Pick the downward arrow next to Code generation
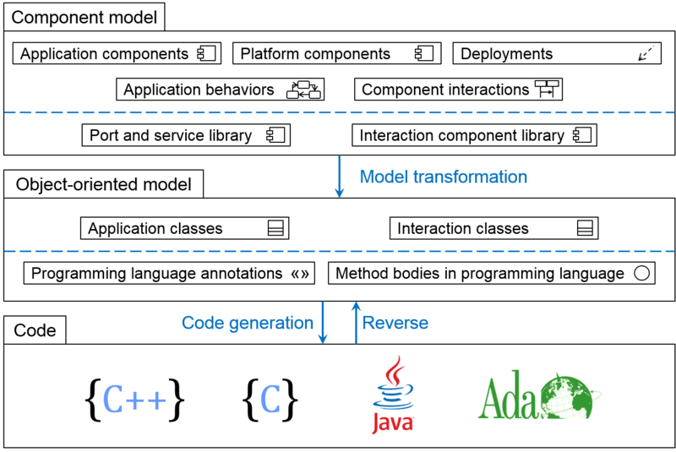click(x=322, y=323)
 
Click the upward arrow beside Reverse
click(x=356, y=323)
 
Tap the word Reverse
click(x=395, y=323)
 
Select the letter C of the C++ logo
click(x=112, y=400)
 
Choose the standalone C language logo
click(x=270, y=399)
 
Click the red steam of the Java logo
click(x=394, y=368)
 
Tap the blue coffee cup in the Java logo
click(x=393, y=395)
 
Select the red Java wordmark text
click(x=393, y=422)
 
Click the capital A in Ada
click(x=493, y=398)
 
